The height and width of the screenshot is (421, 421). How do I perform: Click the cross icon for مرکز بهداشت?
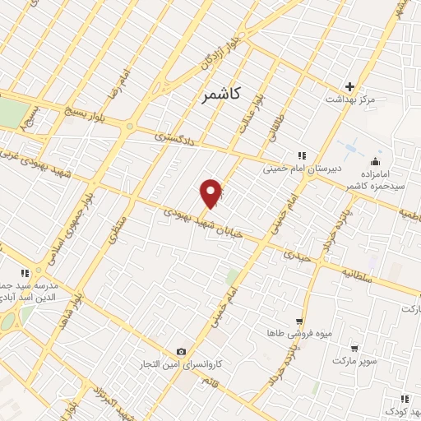tap(350, 86)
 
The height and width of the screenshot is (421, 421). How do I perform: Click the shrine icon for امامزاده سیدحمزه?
tap(377, 160)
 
